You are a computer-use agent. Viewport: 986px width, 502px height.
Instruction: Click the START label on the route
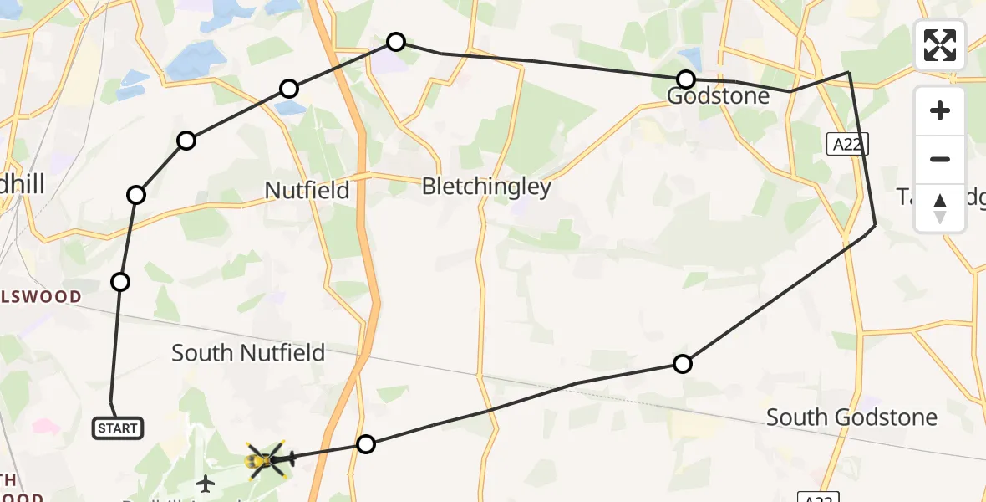tap(118, 428)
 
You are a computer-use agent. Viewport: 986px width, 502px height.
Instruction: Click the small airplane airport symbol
tap(206, 484)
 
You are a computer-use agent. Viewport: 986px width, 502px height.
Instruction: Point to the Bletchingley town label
tap(486, 186)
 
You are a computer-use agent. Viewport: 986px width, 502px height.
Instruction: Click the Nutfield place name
tap(307, 190)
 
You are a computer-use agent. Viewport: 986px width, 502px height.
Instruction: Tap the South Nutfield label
tap(248, 353)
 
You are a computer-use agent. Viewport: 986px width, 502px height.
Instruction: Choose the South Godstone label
tap(851, 417)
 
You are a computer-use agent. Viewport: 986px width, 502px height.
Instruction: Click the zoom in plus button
tap(940, 111)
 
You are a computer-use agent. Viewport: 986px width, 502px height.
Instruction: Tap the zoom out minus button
tap(940, 159)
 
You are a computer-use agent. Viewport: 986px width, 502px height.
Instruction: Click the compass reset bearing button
tap(940, 207)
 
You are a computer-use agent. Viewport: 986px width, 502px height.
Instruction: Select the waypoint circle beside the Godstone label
tap(686, 79)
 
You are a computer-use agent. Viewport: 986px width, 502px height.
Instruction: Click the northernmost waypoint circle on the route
tap(396, 42)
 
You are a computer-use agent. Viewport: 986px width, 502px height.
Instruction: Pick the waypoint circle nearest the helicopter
tap(366, 444)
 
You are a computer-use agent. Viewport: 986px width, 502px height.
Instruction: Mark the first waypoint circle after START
tap(120, 282)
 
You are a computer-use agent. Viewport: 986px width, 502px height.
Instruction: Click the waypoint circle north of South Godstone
tap(683, 364)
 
